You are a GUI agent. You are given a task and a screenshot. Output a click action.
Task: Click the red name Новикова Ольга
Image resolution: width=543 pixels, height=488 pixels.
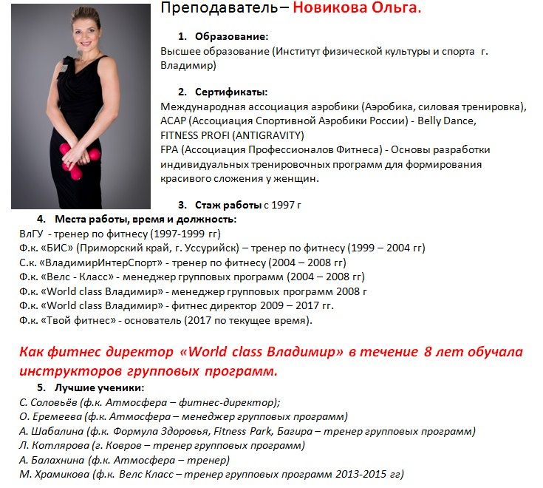click(357, 9)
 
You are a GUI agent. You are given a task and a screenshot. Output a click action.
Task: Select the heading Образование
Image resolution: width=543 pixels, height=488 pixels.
click(231, 36)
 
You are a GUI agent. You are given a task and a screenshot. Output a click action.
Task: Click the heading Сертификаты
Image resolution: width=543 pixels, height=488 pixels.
click(231, 92)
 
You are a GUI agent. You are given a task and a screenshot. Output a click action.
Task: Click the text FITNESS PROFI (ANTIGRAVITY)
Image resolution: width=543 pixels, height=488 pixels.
click(232, 135)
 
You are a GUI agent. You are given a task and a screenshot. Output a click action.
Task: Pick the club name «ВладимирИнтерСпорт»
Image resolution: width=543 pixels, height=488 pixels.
click(94, 262)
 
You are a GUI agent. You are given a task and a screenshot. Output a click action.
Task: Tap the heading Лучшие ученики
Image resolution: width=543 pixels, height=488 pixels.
click(99, 388)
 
